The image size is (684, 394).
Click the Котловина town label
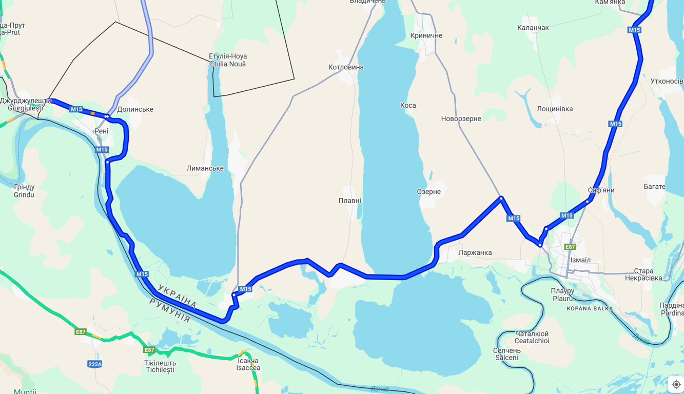346,67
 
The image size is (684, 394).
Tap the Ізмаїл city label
580,260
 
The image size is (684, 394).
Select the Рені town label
101,131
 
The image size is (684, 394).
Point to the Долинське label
135,109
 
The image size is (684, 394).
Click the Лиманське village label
205,168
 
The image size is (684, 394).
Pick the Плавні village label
349,201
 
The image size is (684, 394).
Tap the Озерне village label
428,192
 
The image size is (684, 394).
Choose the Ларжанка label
475,252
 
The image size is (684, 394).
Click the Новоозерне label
461,119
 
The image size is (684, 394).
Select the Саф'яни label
601,190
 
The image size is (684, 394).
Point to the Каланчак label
533,28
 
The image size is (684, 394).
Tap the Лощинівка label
555,109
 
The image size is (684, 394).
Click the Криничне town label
426,35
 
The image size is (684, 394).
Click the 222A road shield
95,364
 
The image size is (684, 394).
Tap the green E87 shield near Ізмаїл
570,247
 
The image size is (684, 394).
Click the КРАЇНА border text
177,297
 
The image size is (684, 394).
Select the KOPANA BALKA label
590,309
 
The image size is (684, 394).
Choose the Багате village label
654,187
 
